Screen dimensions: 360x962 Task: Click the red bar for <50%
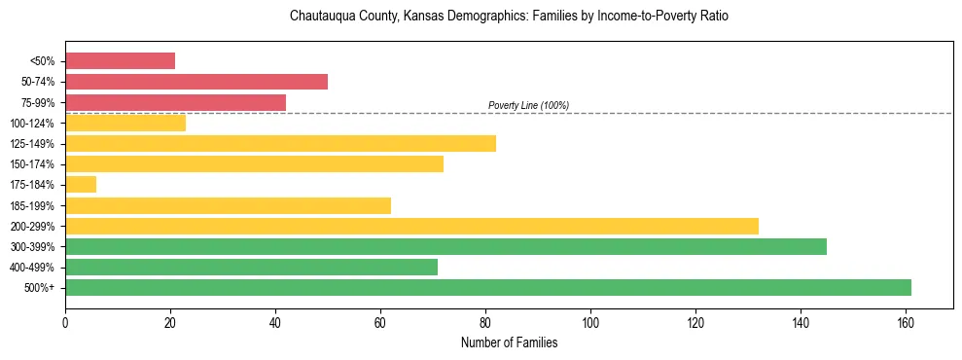tap(120, 61)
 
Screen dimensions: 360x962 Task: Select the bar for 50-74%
tap(196, 82)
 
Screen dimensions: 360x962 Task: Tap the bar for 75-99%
tap(175, 102)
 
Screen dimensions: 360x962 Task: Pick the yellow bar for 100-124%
tap(125, 123)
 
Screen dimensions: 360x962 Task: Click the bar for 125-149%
tap(280, 143)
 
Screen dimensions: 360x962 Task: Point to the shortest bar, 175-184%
tap(81, 184)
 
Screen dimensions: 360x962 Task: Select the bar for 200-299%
tap(411, 226)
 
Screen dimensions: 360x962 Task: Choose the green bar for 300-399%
tap(445, 246)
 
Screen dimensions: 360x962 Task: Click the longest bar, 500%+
tap(488, 287)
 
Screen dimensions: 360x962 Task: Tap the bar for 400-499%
tap(251, 267)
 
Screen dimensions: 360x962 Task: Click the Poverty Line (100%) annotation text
tap(528, 105)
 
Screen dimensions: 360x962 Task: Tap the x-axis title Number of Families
tap(509, 342)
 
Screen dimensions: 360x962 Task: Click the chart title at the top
tap(509, 17)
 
